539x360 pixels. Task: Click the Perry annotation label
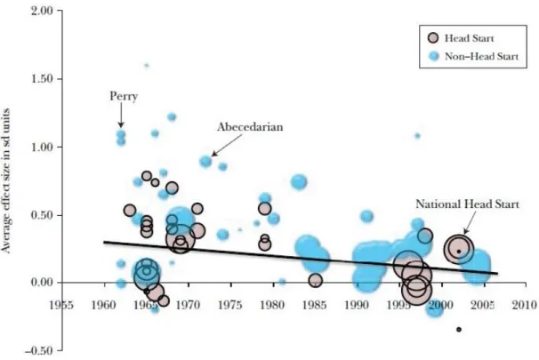click(124, 96)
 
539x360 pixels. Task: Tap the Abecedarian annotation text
click(250, 127)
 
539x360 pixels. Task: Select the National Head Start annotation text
click(468, 204)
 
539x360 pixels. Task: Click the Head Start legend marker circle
click(433, 38)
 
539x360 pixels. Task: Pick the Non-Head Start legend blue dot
click(435, 56)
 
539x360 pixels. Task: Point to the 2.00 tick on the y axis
click(42, 11)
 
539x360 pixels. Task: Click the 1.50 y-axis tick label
click(42, 78)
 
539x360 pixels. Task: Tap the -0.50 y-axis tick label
click(38, 351)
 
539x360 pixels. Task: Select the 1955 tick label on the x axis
click(61, 305)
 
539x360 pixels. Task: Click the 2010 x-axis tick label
click(525, 305)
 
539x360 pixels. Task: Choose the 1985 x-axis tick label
click(315, 305)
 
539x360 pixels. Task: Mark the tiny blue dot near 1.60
click(147, 65)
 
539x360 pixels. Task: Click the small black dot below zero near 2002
click(459, 330)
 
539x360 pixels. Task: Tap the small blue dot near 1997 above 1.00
click(417, 136)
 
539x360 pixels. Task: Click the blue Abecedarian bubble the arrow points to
click(205, 161)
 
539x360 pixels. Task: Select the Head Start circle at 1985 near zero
click(315, 281)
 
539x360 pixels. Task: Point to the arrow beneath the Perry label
click(121, 115)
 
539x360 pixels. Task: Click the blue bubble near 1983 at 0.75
click(299, 181)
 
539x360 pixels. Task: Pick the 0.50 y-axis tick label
click(42, 215)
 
